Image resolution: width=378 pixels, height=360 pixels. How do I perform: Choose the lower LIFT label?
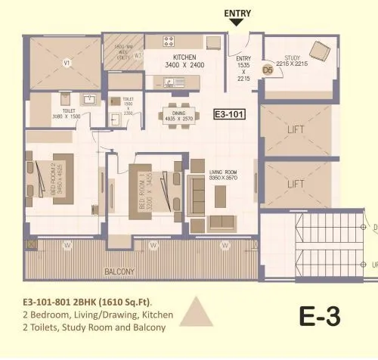pyautogui.click(x=296, y=184)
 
